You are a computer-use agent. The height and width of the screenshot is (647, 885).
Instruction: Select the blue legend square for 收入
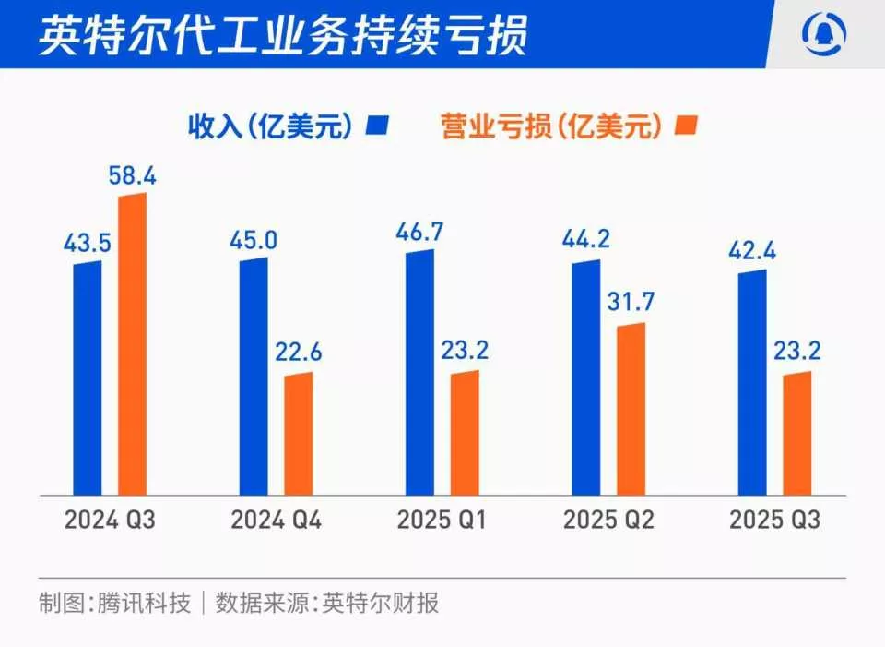[x=379, y=126]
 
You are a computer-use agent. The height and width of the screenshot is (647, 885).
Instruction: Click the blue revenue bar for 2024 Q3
[x=88, y=377]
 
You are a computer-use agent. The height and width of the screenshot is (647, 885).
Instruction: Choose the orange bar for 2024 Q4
[x=298, y=434]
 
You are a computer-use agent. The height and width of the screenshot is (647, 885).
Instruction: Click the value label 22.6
[x=297, y=353]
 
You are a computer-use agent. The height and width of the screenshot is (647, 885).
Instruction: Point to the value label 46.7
[x=419, y=231]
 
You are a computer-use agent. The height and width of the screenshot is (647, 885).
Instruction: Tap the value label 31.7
[x=631, y=303]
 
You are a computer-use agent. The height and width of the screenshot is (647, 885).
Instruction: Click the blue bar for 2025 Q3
[x=752, y=382]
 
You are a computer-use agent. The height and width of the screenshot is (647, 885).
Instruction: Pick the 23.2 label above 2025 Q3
[x=796, y=352]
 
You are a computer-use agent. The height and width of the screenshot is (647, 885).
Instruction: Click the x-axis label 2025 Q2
[x=608, y=521]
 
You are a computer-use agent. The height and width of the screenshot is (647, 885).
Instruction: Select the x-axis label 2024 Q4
[x=276, y=521]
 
